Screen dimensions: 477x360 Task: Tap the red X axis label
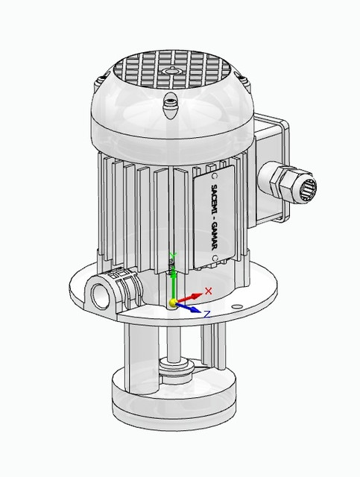(209, 290)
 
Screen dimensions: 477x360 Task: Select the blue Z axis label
(206, 314)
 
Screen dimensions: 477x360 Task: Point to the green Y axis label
(173, 256)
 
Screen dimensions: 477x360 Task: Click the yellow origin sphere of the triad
(173, 302)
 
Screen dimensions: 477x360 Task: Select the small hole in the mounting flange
(236, 306)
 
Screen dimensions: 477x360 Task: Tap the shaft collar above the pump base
(177, 364)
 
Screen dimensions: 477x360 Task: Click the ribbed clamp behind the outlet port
(127, 286)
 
